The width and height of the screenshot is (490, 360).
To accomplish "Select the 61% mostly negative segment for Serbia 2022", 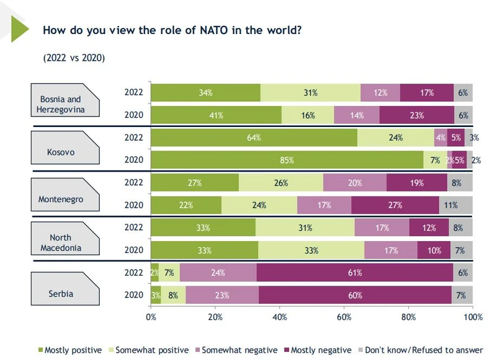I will [x=355, y=272].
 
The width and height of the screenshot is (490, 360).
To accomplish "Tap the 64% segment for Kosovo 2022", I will [x=254, y=138].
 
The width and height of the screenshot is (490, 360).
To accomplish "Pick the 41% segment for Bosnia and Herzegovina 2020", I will [x=216, y=115].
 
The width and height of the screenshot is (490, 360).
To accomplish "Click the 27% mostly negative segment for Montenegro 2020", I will [x=395, y=205].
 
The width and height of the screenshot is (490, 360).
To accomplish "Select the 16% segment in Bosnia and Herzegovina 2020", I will [x=308, y=115].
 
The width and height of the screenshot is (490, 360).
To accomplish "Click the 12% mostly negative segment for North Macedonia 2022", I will [x=429, y=227].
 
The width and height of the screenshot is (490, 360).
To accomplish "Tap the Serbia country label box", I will [x=60, y=293].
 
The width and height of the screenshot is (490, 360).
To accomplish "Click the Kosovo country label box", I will [x=60, y=151].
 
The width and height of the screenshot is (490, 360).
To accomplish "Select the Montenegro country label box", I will [x=60, y=200].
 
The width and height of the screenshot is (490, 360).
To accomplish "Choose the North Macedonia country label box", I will [x=60, y=243].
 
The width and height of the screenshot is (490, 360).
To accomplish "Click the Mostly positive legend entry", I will [x=69, y=350].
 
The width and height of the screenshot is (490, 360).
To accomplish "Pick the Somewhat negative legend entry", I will [x=235, y=350].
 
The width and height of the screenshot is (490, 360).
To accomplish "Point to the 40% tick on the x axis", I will [x=280, y=317].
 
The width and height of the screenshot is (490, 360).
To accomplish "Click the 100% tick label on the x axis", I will [x=472, y=317].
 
